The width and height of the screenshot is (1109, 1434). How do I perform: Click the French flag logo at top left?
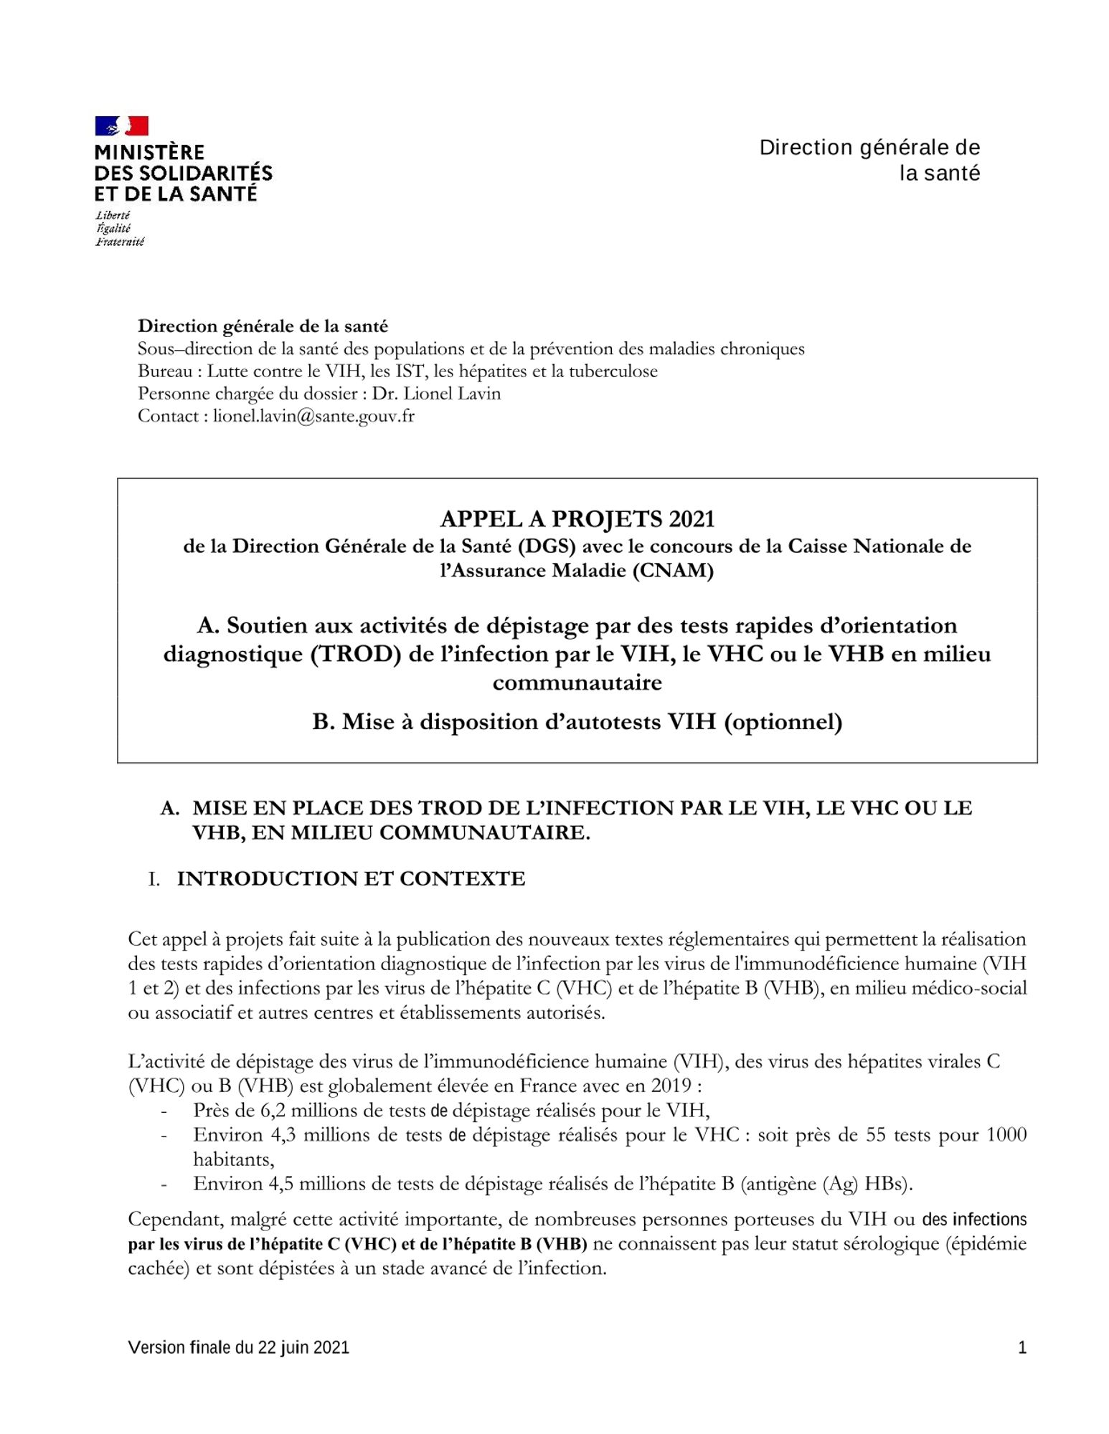(121, 126)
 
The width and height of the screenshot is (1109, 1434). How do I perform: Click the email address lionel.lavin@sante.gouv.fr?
(313, 416)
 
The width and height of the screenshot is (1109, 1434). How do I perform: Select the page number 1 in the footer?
(1021, 1347)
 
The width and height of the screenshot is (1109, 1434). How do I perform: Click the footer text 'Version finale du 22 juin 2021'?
(238, 1347)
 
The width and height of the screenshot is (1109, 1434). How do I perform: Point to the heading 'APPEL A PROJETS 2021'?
(577, 518)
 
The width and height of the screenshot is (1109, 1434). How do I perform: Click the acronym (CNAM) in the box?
(673, 571)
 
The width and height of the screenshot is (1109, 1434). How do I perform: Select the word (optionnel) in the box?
(783, 721)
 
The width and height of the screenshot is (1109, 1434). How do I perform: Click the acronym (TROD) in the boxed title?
(355, 654)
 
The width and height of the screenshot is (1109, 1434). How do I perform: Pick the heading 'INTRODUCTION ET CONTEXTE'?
(351, 878)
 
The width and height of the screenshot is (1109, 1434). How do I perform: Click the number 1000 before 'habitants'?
(1006, 1135)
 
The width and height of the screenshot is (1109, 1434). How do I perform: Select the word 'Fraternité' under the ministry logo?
(120, 242)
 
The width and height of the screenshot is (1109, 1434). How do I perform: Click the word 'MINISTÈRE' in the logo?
(149, 152)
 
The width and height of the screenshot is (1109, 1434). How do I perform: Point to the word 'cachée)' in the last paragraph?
(159, 1268)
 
